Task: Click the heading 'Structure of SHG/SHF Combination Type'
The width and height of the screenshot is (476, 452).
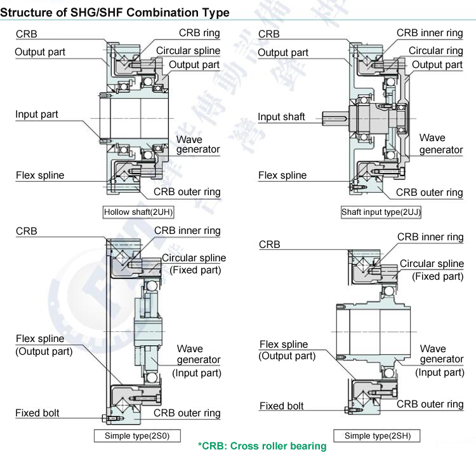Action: click(115, 12)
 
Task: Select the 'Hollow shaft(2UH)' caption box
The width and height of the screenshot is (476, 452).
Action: click(138, 212)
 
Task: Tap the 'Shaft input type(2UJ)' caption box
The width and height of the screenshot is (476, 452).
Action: click(381, 212)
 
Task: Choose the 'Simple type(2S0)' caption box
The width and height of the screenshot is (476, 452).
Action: click(137, 435)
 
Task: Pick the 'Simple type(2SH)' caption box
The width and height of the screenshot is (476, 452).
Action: click(378, 435)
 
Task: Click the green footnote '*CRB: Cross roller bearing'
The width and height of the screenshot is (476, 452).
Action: click(262, 446)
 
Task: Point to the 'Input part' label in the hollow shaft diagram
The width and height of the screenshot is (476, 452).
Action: click(37, 114)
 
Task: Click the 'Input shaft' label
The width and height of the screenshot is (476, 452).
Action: click(281, 117)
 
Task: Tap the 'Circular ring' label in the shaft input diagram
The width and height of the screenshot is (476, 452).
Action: click(435, 51)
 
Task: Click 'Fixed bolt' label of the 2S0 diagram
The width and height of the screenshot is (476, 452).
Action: click(37, 413)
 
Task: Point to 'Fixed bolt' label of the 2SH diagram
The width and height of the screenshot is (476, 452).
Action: click(281, 406)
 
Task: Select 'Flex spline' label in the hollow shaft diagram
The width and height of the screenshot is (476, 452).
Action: click(40, 175)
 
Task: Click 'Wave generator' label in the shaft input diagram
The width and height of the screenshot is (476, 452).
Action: click(440, 144)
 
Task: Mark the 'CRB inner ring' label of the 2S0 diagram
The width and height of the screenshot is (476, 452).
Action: click(187, 231)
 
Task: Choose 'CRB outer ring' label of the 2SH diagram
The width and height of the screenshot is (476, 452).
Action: click(430, 404)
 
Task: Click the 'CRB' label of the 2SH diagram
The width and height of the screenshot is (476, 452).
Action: click(269, 245)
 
